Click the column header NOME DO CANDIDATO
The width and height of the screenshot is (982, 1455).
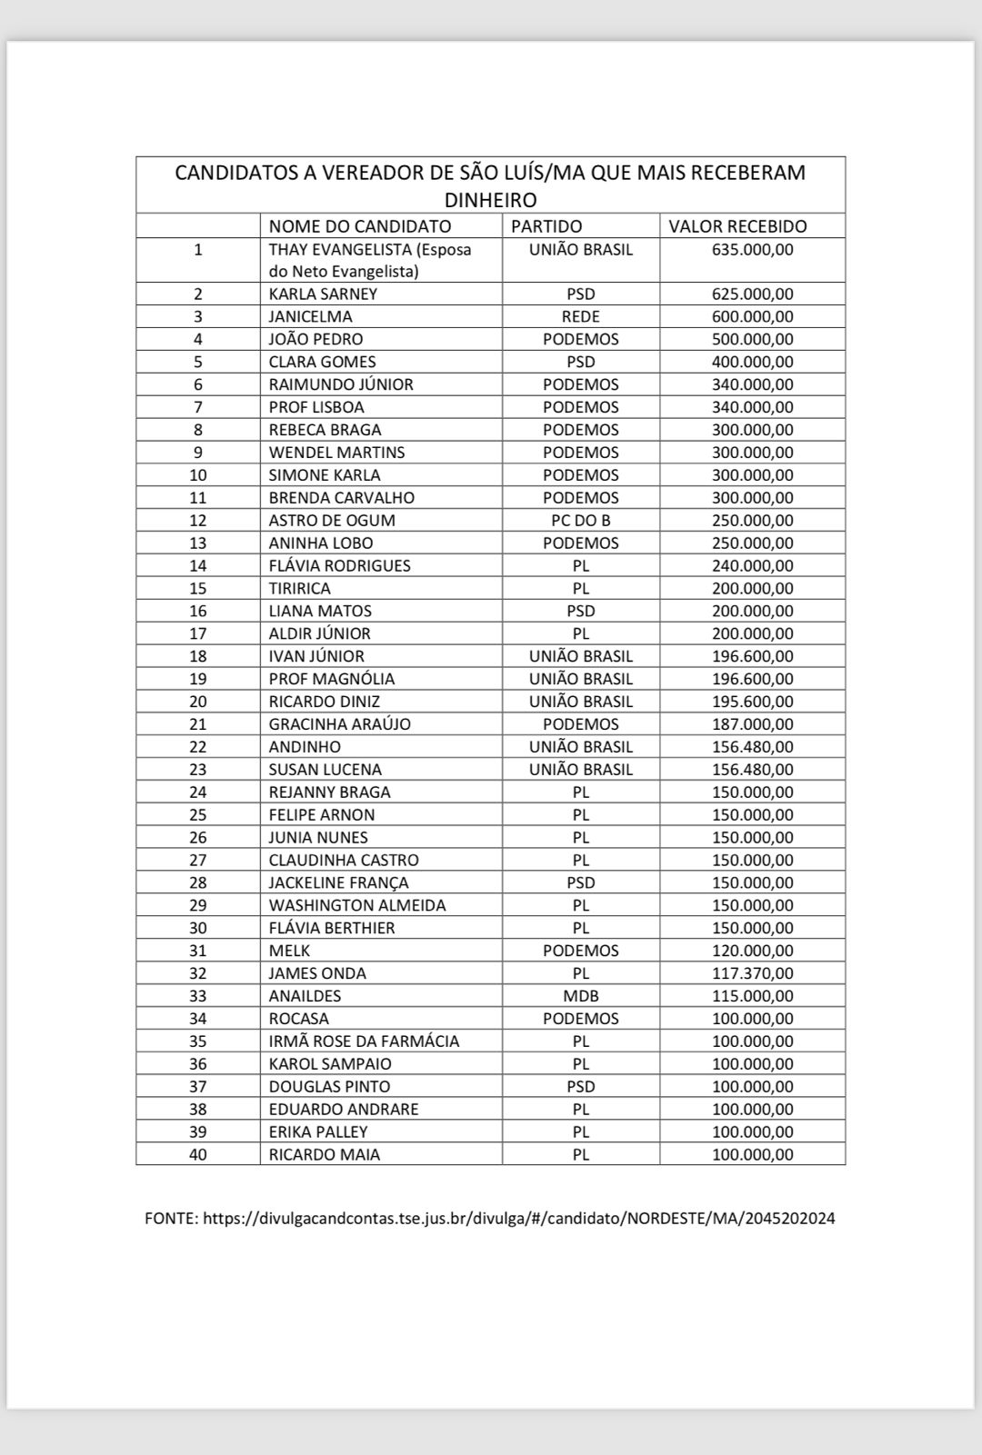coord(359,226)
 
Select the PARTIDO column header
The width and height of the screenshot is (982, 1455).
coord(546,226)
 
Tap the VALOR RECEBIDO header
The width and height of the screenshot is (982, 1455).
coord(737,226)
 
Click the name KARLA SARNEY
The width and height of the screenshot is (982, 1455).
coord(323,294)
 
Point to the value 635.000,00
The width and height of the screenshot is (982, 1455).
coord(752,249)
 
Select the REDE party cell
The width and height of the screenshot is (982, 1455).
coord(580,316)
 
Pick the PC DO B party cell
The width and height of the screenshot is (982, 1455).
coord(580,520)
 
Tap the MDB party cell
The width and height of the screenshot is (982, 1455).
coord(580,995)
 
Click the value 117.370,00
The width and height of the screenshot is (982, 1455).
coord(752,972)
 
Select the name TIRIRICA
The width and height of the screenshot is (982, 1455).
coord(300,588)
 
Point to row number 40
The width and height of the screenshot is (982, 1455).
coord(197,1154)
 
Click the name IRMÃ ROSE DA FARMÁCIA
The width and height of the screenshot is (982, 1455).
coord(364,1041)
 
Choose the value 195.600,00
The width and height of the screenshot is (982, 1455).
coord(752,701)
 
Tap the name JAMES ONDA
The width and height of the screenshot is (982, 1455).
coord(317,972)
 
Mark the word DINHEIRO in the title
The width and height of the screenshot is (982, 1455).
coord(490,199)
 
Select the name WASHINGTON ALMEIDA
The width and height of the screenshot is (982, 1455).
coord(357,904)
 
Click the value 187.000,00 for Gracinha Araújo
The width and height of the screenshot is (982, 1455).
coord(752,723)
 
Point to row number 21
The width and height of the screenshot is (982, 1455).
coord(197,723)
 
